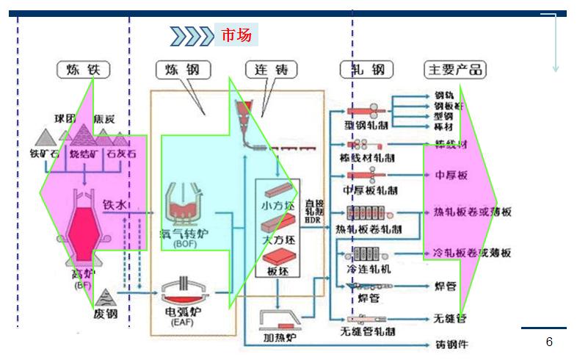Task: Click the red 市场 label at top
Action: point(236,35)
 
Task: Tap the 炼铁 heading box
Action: point(83,70)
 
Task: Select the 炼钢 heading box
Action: point(182,70)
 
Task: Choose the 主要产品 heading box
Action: point(455,70)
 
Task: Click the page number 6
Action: point(549,342)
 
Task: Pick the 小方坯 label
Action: point(277,206)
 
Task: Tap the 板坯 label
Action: point(277,270)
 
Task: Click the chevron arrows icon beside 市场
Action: point(192,35)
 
